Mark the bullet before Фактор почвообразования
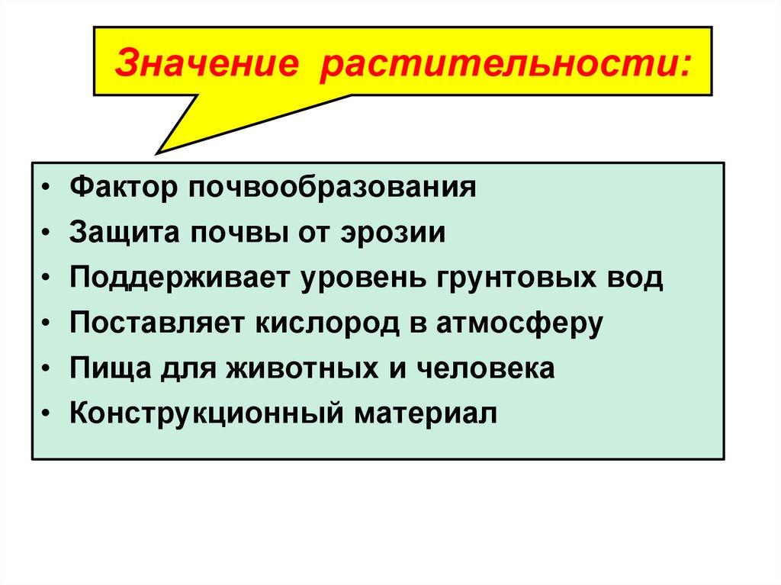[49, 188]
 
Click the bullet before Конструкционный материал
[49, 415]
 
